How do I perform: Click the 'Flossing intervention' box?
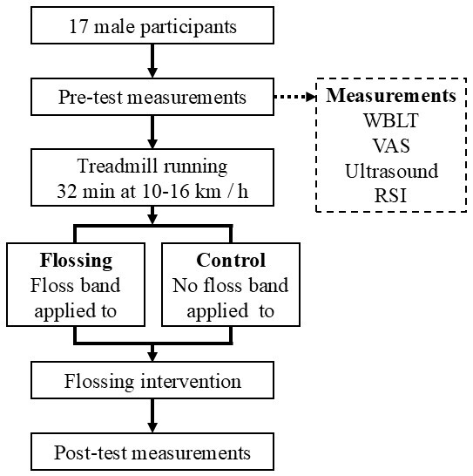152,381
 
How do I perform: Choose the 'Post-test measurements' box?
152,452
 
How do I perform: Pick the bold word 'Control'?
230,261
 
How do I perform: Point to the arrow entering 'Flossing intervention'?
152,350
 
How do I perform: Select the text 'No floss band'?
230,285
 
